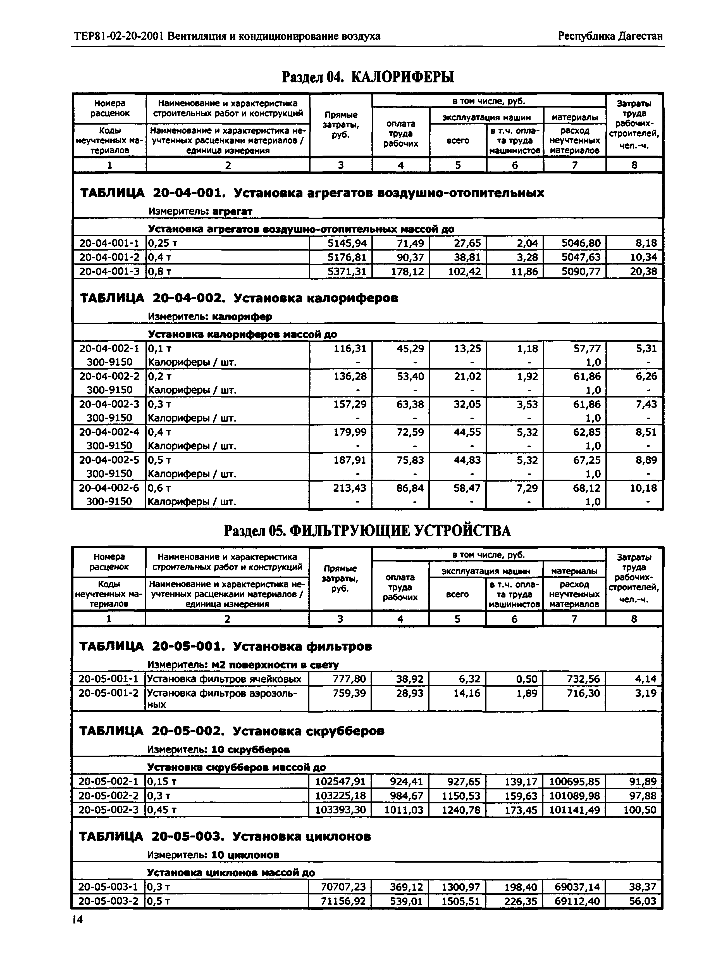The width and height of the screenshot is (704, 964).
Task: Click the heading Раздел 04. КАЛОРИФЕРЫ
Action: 368,77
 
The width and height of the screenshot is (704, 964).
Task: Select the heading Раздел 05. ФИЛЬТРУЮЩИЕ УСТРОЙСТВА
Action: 367,531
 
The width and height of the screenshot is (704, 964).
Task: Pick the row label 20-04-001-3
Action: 109,272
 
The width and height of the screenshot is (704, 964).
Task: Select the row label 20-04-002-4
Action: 109,432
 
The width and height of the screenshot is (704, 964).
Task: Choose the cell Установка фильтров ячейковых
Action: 224,679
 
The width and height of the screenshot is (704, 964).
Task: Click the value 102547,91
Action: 340,782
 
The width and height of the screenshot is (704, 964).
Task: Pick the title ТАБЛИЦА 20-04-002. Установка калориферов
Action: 239,298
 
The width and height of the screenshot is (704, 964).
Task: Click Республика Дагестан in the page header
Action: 610,37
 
